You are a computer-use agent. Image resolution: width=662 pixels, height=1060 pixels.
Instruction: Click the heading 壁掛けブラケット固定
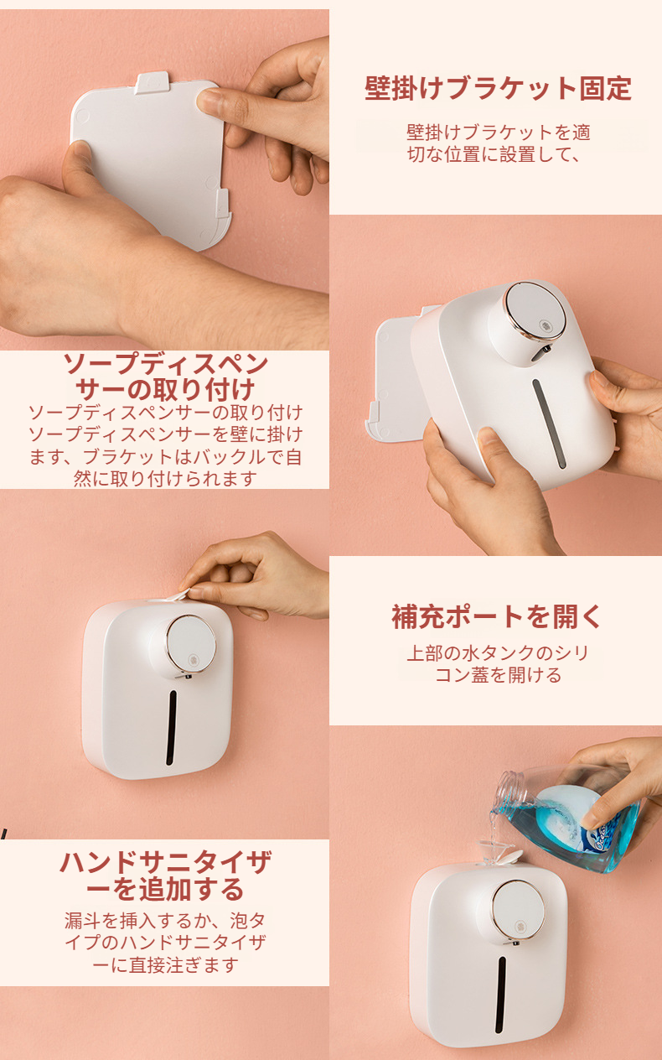pyautogui.click(x=498, y=89)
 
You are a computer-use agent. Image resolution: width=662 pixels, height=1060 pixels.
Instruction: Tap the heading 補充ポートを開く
pyautogui.click(x=498, y=617)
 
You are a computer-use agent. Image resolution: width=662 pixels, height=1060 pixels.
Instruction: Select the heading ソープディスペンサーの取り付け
pyautogui.click(x=165, y=377)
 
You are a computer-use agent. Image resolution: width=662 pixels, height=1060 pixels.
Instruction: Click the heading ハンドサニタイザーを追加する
pyautogui.click(x=165, y=876)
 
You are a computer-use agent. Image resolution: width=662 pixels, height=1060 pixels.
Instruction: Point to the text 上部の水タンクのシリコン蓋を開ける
pyautogui.click(x=498, y=664)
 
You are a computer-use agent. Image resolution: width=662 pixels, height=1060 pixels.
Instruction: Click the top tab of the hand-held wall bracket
pyautogui.click(x=153, y=83)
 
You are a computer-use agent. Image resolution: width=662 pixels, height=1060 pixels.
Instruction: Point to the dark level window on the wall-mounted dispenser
pyautogui.click(x=172, y=727)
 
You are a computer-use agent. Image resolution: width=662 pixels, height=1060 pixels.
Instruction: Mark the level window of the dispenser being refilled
pyautogui.click(x=500, y=994)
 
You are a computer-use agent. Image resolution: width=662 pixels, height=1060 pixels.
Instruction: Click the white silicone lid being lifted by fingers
pyautogui.click(x=174, y=595)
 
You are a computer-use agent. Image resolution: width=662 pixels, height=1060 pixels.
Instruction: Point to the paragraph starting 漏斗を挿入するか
pyautogui.click(x=165, y=943)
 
